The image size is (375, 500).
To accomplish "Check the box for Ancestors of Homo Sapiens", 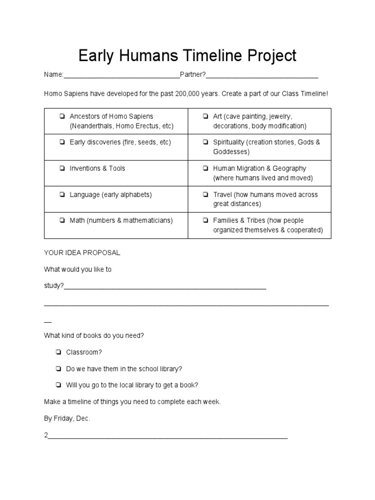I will (x=62, y=117).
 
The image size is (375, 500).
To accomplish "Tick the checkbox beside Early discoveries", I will (x=62, y=143).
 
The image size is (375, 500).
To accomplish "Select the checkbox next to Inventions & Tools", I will (x=62, y=168).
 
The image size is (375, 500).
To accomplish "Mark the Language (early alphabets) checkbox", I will (x=62, y=195).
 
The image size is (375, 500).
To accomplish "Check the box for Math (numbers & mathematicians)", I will (x=62, y=221).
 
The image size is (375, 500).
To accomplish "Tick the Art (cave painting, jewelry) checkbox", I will (x=206, y=117).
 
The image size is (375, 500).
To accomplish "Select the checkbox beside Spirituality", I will (x=206, y=143).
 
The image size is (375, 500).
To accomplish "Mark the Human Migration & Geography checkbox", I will (x=206, y=168).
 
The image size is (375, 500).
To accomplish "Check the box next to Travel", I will (x=206, y=195).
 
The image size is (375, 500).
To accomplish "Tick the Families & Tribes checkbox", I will (x=206, y=221).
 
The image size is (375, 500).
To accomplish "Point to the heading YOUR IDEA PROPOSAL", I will (x=82, y=253).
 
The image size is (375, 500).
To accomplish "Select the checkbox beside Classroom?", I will (x=58, y=352).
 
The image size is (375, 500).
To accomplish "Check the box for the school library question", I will (x=58, y=369).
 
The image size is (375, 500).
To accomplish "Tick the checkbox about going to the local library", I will (x=58, y=385).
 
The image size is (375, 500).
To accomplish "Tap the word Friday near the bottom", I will (x=65, y=419).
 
